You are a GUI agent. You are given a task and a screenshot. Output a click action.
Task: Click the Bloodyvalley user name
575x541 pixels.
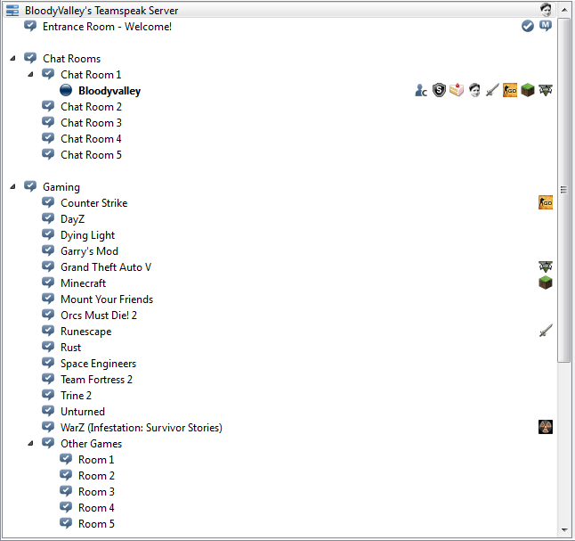pyautogui.click(x=109, y=91)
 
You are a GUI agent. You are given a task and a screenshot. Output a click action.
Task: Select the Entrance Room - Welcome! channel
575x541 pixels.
pyautogui.click(x=107, y=27)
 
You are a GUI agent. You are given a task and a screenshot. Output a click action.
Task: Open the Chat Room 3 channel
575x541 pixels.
pyautogui.click(x=91, y=123)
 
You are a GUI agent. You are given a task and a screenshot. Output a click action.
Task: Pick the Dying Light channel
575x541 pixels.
pyautogui.click(x=87, y=235)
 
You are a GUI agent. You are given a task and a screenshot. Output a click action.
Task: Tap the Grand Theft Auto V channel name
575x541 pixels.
pyautogui.click(x=106, y=267)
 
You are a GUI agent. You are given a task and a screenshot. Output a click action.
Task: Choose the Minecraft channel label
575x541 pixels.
pyautogui.click(x=84, y=283)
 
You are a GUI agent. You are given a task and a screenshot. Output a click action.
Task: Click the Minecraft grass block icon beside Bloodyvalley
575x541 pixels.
pyautogui.click(x=528, y=90)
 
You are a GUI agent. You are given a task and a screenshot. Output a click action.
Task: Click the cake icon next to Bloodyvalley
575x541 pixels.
pyautogui.click(x=457, y=90)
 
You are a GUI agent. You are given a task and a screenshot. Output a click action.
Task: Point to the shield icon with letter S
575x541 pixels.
pyautogui.click(x=439, y=90)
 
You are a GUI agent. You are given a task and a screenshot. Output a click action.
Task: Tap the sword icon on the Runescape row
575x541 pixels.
pyautogui.click(x=546, y=331)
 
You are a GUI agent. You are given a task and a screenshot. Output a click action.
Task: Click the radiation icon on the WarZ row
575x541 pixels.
pyautogui.click(x=546, y=427)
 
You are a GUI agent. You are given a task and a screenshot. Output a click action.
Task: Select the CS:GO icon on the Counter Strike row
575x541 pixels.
pyautogui.click(x=546, y=202)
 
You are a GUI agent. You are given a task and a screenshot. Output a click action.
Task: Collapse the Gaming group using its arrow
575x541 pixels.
pyautogui.click(x=12, y=186)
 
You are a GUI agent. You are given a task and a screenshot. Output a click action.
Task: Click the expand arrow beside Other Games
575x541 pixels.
pyautogui.click(x=31, y=443)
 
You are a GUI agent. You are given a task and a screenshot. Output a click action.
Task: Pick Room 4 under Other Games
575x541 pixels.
pyautogui.click(x=96, y=508)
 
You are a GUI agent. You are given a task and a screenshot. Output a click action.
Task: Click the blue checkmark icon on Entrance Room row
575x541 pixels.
pyautogui.click(x=528, y=26)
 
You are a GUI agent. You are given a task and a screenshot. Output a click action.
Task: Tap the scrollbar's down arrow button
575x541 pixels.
pyautogui.click(x=564, y=530)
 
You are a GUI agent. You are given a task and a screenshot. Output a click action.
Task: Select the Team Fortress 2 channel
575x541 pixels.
pyautogui.click(x=96, y=380)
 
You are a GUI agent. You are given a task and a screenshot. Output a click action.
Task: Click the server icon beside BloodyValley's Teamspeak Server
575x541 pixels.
pyautogui.click(x=12, y=11)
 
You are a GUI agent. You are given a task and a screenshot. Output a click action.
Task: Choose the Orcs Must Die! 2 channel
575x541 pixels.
pyautogui.click(x=99, y=316)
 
